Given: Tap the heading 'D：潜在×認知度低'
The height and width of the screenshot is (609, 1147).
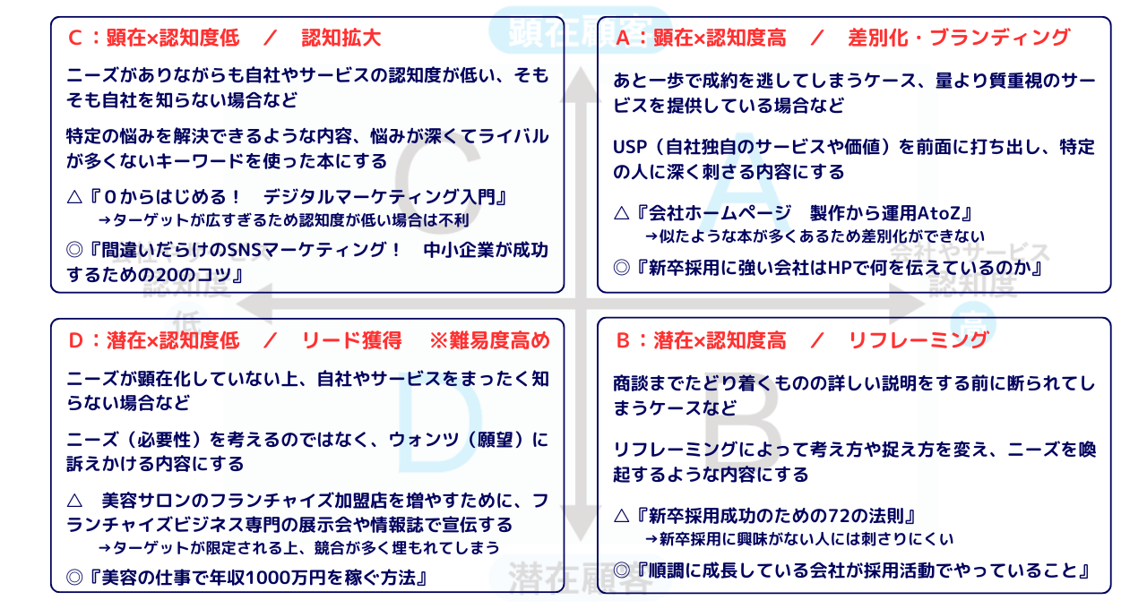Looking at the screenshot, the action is point(153,340).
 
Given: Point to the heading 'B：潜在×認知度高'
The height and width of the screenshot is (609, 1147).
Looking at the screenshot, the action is point(701,340).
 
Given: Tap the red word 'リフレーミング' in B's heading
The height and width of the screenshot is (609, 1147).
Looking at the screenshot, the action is point(918,340).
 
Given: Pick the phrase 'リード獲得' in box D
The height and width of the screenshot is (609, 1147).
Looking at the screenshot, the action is point(341,340).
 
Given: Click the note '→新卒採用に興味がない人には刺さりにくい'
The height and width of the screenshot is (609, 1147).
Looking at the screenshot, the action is point(799,539).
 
